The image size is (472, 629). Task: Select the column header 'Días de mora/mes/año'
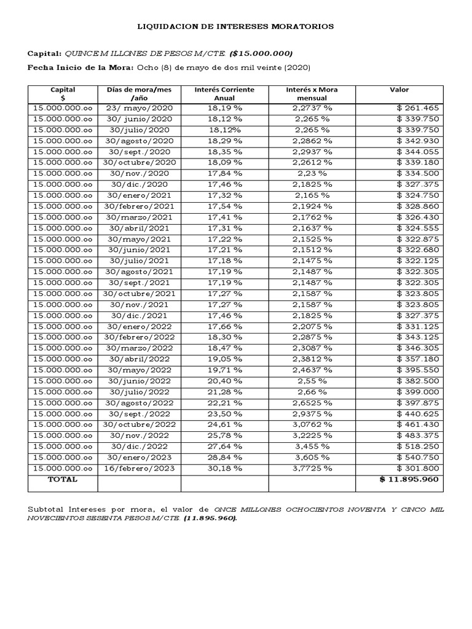(139, 93)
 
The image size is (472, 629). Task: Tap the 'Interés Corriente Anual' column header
(224, 93)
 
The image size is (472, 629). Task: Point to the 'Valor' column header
(399, 90)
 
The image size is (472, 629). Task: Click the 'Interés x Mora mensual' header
(312, 93)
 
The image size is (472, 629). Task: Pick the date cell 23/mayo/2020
(139, 108)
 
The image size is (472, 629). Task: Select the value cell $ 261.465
(418, 108)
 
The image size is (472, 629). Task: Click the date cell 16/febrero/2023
(139, 469)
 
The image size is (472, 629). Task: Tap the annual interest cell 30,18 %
(224, 469)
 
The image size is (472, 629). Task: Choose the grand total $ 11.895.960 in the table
(409, 479)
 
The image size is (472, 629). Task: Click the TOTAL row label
(63, 479)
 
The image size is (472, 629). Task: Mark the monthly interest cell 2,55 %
(312, 381)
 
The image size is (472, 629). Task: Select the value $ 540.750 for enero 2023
(418, 458)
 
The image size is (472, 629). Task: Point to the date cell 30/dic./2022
(139, 447)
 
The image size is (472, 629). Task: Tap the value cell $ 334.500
(418, 173)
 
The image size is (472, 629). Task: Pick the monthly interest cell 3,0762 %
(312, 424)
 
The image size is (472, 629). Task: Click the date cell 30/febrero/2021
(139, 206)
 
